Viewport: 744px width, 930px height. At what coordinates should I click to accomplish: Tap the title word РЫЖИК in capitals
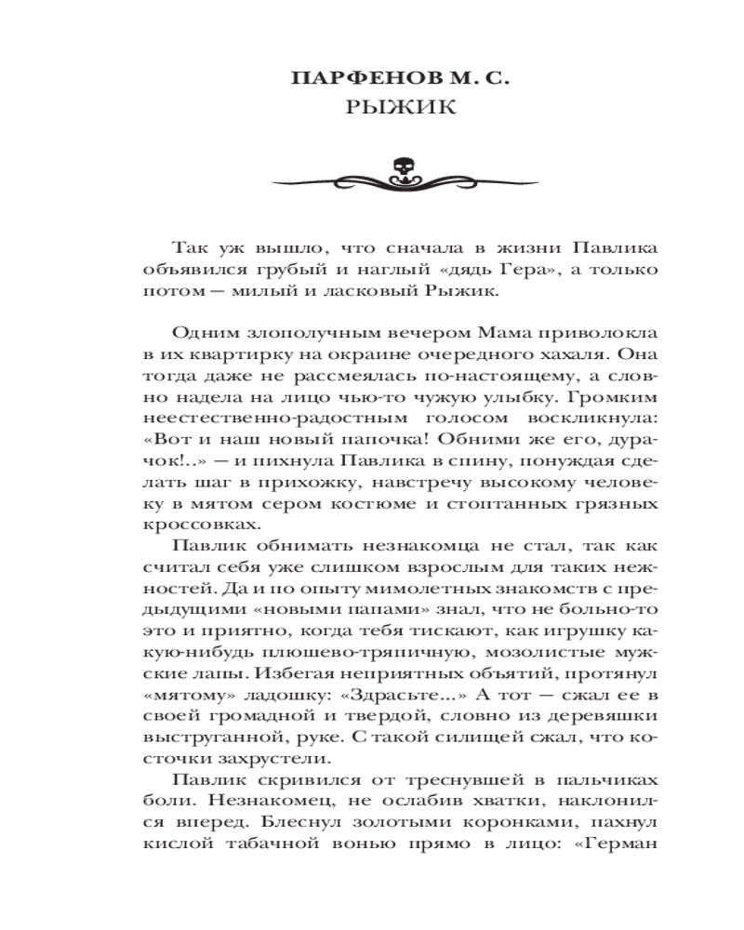pos(402,107)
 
